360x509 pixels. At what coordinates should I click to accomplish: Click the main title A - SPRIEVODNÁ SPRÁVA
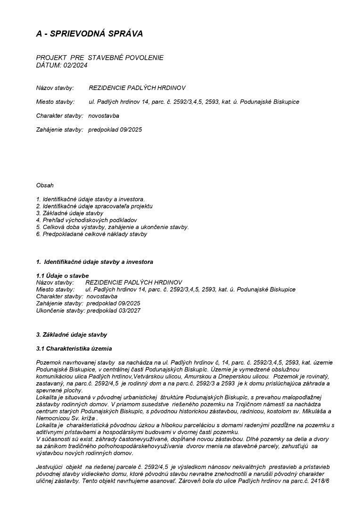point(90,33)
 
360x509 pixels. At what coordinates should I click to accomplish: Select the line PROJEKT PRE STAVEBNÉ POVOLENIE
point(100,57)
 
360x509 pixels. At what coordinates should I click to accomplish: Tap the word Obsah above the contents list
point(45,185)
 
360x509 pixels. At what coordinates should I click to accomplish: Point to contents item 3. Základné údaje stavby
point(70,213)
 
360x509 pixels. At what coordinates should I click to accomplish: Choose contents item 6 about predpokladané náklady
point(91,234)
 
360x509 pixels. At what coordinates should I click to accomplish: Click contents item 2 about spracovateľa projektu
point(94,206)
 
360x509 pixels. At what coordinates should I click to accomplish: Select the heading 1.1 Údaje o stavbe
point(62,275)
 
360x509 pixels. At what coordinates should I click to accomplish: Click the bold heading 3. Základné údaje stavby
point(72,335)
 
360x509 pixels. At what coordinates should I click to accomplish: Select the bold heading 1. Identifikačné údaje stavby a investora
point(94,262)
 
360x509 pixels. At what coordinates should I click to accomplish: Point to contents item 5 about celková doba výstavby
point(112,227)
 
